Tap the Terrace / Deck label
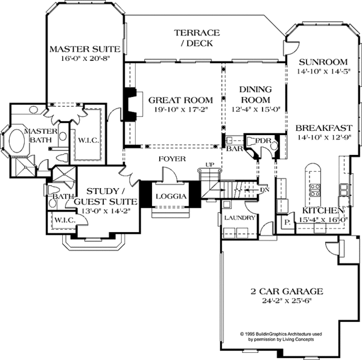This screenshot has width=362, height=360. pos(197,37)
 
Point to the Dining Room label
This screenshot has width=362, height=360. pos(256,94)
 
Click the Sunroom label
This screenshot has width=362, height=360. pos(323,62)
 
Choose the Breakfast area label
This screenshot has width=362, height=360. pos(323,128)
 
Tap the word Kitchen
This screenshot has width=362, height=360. pos(324,210)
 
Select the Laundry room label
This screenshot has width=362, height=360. pos(235,218)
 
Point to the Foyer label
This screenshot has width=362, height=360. pos(172,159)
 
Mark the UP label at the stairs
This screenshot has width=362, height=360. pos(210,164)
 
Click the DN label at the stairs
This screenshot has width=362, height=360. pos(265,189)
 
